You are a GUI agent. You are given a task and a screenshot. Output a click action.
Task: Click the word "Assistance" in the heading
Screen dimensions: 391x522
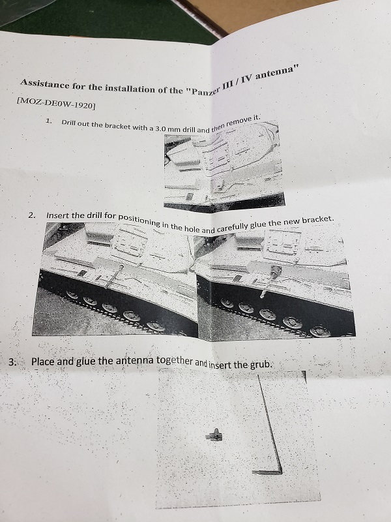45,84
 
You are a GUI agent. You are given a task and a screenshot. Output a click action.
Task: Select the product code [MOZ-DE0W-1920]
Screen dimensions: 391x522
55,104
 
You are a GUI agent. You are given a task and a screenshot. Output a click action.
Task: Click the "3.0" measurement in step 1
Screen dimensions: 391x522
160,128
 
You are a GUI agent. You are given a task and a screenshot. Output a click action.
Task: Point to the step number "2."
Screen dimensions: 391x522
32,215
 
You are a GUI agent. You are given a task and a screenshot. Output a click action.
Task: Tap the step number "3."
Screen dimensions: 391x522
12,362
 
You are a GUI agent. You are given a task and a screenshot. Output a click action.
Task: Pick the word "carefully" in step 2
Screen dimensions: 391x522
232,227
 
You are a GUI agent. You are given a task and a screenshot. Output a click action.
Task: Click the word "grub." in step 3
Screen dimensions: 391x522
261,365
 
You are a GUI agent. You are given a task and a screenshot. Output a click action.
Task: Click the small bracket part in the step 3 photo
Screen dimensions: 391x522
214,435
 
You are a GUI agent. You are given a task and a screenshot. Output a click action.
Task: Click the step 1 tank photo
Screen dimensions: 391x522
224,166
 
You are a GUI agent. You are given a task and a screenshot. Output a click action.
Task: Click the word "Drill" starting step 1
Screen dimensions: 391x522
68,123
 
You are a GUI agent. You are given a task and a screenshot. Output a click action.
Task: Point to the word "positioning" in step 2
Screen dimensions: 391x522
139,220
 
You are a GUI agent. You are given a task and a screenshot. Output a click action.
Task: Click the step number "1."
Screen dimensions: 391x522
49,121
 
